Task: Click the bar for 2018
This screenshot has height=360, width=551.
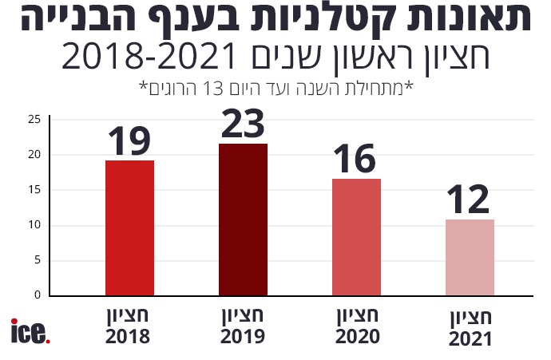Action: point(129,227)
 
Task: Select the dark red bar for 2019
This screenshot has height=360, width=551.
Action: point(243,220)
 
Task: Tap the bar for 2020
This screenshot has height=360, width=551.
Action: point(356,237)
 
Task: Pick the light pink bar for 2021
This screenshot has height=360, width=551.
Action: point(470,257)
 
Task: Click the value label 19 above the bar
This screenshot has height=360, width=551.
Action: point(129,140)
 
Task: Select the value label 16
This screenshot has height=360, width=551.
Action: point(355,159)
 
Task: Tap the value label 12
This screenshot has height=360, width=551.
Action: point(469,200)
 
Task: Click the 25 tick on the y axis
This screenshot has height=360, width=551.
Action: point(34,120)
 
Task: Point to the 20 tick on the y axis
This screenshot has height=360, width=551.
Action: point(34,155)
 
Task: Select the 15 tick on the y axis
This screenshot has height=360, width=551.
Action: point(34,190)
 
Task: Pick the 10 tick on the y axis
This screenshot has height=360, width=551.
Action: point(34,225)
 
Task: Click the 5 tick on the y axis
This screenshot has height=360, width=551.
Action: point(37,260)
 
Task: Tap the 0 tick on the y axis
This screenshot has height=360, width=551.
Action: point(37,295)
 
